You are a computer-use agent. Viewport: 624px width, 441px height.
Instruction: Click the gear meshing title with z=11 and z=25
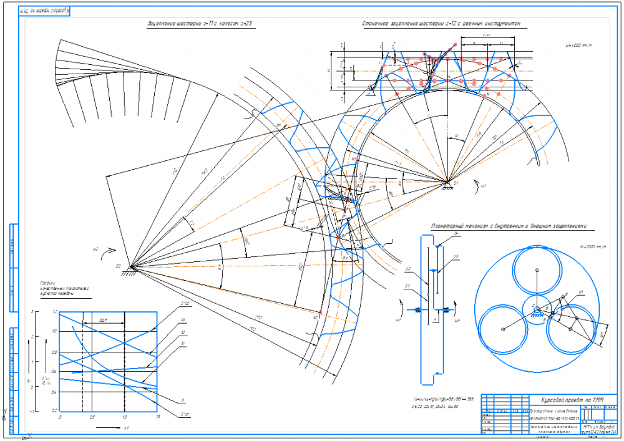pos(203,24)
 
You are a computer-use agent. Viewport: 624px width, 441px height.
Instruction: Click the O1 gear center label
pos(456,183)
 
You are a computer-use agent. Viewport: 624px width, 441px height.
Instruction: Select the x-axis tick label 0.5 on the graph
pos(92,417)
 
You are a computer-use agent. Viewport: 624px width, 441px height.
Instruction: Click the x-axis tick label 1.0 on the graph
pos(125,417)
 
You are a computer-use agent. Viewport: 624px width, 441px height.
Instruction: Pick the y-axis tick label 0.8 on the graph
pos(54,352)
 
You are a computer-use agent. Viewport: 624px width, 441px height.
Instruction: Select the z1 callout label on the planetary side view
pos(407,286)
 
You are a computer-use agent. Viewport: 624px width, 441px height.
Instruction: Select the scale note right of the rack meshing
pos(578,45)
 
